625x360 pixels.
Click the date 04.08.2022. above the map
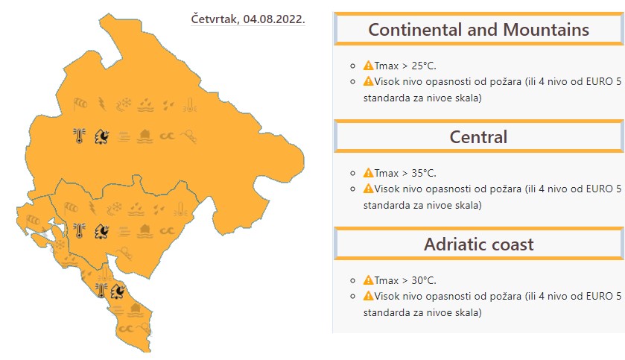pos(274,19)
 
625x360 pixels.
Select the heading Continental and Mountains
pos(479,30)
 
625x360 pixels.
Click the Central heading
pos(478,136)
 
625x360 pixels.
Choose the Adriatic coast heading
pos(478,244)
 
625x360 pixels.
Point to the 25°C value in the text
pos(424,66)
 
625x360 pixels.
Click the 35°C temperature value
pos(424,173)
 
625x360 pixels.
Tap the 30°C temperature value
pos(424,280)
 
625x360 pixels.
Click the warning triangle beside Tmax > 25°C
pos(368,66)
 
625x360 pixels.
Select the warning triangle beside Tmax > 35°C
pos(368,173)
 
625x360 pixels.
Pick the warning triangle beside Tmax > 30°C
pos(368,280)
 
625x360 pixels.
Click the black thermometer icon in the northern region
pos(79,136)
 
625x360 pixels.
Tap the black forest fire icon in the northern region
pos(101,136)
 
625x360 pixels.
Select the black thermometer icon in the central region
pos(79,230)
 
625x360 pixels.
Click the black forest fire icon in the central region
pos(101,231)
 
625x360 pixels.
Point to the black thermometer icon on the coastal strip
pos(101,291)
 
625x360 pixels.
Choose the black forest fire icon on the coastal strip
pos(118,291)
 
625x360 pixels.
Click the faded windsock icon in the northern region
pos(80,104)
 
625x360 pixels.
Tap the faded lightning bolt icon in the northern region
pos(102,104)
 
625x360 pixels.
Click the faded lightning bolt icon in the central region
pos(92,208)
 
